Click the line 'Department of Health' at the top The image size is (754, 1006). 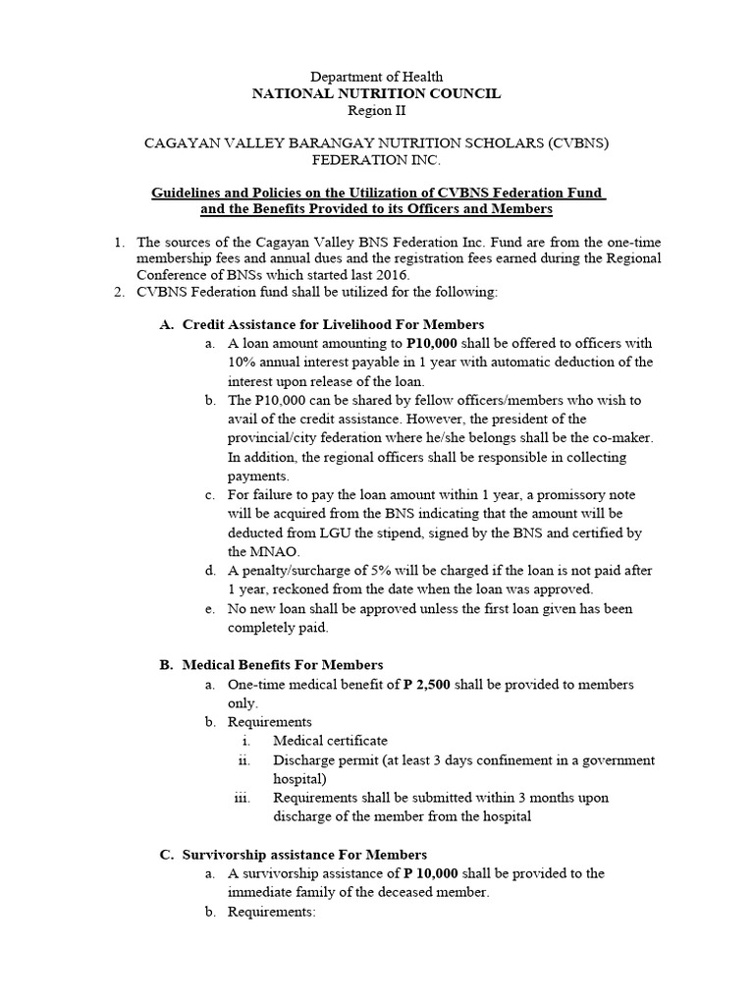pos(377,77)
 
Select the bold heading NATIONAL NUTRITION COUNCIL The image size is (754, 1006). pos(377,93)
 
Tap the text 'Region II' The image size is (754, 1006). pos(377,111)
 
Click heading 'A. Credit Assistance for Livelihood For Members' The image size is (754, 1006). pos(322,324)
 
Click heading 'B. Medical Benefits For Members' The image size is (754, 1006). pos(271,665)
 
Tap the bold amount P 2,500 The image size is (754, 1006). pos(426,685)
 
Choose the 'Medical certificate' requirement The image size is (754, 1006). pos(330,741)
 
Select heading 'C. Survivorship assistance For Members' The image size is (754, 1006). pos(294,855)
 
